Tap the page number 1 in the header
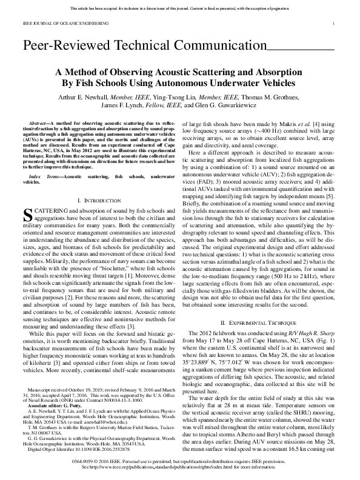pyautogui.click(x=334, y=24)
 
